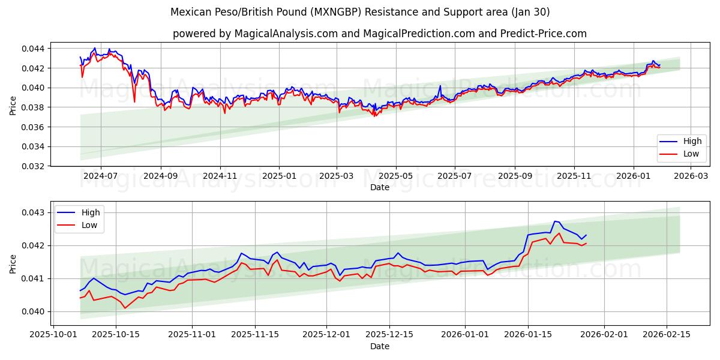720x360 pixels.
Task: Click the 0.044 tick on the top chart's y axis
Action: tap(37, 48)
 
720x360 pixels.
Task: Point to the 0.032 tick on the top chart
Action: tap(37, 166)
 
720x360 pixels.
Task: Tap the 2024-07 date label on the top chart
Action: tap(100, 176)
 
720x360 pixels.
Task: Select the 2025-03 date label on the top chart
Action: tap(336, 176)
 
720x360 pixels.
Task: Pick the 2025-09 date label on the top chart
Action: tap(515, 176)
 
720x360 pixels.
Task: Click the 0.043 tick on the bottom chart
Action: tap(37, 212)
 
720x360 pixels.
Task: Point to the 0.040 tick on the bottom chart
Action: tap(37, 311)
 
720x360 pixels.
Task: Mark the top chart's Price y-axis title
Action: tap(13, 106)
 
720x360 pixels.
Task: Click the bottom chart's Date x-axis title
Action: tap(379, 346)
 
